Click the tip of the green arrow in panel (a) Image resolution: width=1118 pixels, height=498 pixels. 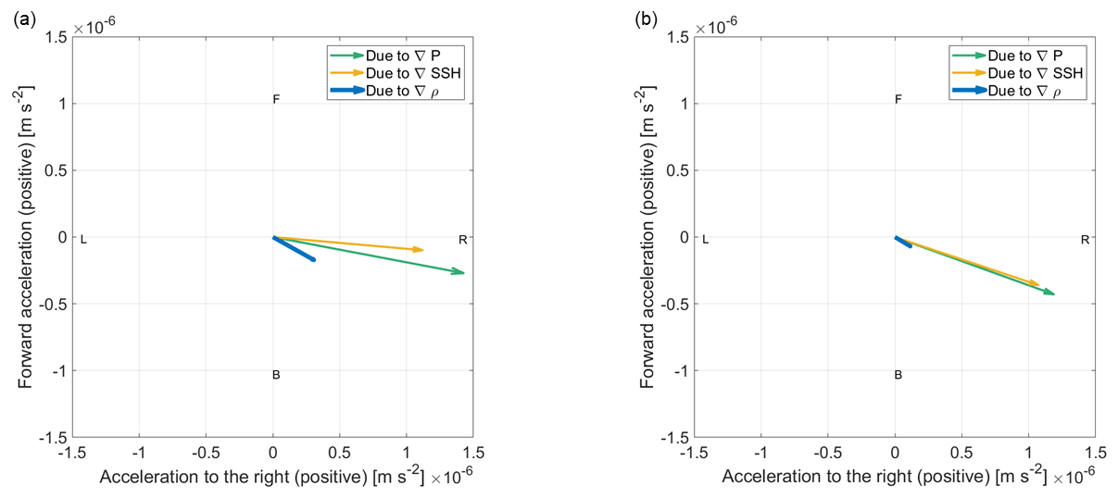(x=463, y=273)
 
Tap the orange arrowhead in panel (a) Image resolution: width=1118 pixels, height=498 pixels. (x=419, y=249)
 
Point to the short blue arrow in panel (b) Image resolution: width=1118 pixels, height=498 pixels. (x=903, y=242)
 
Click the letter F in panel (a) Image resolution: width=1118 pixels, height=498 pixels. (x=276, y=99)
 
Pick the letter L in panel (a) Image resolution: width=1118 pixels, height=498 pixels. (x=83, y=240)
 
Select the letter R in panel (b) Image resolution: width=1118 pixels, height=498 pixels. (x=1085, y=240)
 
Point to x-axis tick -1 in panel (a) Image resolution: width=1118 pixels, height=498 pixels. (x=139, y=454)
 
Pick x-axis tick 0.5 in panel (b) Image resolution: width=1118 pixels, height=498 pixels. (x=961, y=454)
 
